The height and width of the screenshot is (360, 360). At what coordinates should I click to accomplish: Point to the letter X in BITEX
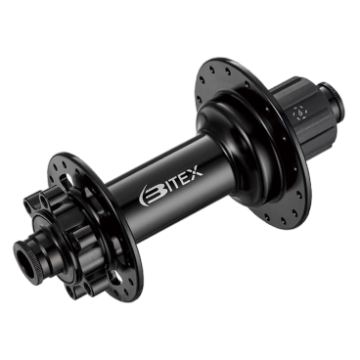196,171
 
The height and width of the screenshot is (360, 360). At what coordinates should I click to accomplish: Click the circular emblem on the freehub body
300,113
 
